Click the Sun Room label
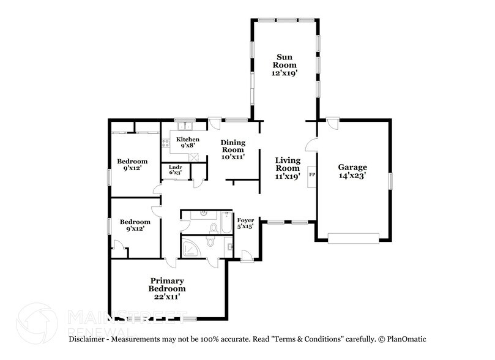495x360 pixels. click(285, 61)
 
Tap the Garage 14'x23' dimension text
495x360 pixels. click(352, 176)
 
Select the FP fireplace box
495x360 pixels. click(312, 176)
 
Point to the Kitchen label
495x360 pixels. click(187, 139)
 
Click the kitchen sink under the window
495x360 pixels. click(185, 126)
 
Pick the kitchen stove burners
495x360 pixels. click(166, 144)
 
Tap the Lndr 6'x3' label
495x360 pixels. click(175, 170)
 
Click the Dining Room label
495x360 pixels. click(233, 146)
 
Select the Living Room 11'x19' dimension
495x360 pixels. click(288, 176)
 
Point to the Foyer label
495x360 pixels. click(245, 220)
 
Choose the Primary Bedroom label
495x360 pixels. click(167, 285)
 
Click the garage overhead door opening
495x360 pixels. click(353, 238)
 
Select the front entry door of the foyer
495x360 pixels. click(247, 257)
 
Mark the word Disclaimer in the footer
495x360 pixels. click(86, 339)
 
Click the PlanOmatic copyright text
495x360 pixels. click(402, 339)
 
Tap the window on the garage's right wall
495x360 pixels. click(390, 181)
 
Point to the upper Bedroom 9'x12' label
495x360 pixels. click(132, 165)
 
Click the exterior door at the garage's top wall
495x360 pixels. click(332, 123)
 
